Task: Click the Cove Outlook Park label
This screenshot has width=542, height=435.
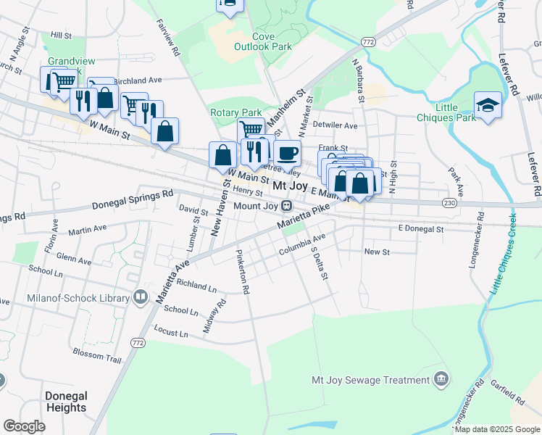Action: (x=262, y=41)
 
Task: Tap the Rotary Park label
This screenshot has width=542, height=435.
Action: (x=235, y=112)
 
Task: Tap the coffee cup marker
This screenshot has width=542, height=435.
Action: (x=287, y=152)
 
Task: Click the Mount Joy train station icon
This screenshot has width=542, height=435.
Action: (x=287, y=206)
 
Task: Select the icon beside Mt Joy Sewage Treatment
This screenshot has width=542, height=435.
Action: (x=441, y=379)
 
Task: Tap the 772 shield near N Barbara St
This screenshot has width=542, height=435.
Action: (x=368, y=42)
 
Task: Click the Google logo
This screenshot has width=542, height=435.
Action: (x=24, y=426)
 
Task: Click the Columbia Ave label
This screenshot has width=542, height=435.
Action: (x=302, y=250)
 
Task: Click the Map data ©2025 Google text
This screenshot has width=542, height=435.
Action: (x=496, y=429)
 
